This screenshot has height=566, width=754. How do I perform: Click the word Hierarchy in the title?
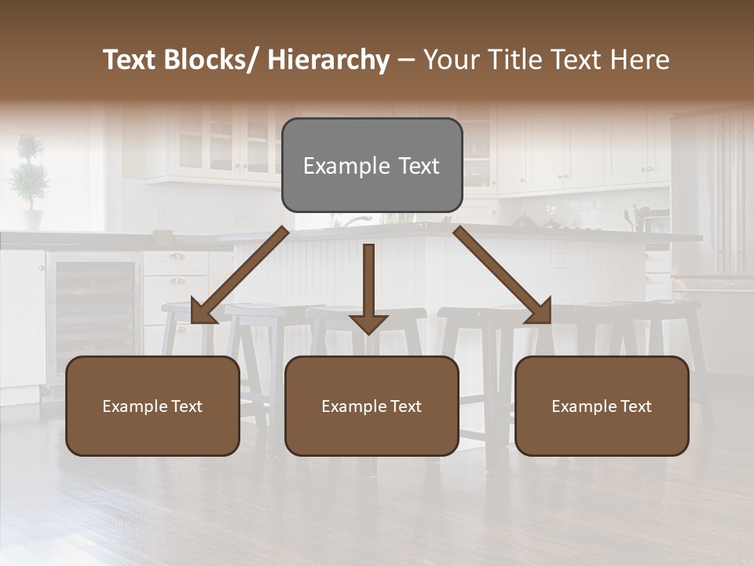(x=328, y=60)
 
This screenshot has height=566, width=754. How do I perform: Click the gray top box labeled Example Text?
(x=372, y=165)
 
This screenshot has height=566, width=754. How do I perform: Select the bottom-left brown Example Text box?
(x=152, y=406)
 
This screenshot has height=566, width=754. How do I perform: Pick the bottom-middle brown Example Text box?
(x=372, y=406)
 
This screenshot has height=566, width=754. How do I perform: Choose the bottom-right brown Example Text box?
(x=602, y=406)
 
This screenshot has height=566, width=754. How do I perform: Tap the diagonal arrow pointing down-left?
(x=239, y=275)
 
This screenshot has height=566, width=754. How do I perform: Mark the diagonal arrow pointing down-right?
(x=503, y=275)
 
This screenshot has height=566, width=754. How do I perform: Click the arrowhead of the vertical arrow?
(x=368, y=323)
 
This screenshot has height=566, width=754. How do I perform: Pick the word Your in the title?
(x=448, y=60)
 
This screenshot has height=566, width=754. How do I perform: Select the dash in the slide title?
(x=406, y=60)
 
